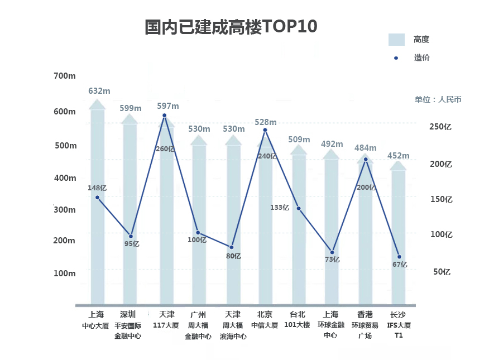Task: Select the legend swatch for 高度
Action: [396, 40]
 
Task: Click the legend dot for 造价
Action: [396, 57]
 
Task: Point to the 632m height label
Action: [99, 91]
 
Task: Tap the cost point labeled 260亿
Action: [164, 116]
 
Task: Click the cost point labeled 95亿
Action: [131, 236]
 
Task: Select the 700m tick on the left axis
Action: [64, 76]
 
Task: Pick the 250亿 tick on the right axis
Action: [439, 127]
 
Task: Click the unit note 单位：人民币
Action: [438, 99]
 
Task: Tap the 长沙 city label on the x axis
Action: [398, 315]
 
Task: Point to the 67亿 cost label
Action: [400, 265]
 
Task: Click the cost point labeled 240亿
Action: [265, 130]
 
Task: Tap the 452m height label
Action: [398, 156]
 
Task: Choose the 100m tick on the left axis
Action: [64, 273]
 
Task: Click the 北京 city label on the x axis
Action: [265, 315]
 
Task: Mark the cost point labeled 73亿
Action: [332, 252]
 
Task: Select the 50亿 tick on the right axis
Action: [443, 272]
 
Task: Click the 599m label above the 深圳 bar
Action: [131, 108]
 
